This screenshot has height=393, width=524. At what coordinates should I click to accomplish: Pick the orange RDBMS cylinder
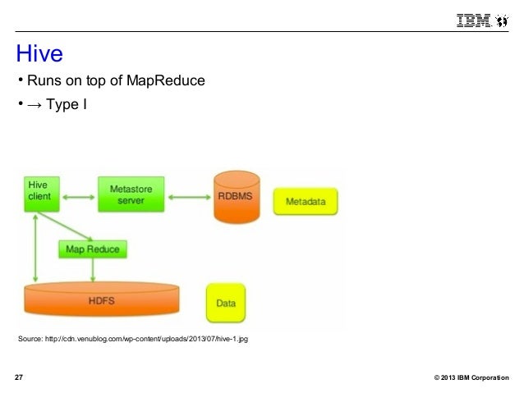pyautogui.click(x=235, y=197)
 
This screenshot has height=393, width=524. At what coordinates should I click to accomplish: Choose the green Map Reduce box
pyautogui.click(x=93, y=249)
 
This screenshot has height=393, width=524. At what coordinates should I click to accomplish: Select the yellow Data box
pyautogui.click(x=226, y=303)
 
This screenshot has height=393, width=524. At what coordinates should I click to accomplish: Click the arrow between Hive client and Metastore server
pyautogui.click(x=79, y=196)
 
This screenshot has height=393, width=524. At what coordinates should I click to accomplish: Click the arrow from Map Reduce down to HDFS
pyautogui.click(x=94, y=270)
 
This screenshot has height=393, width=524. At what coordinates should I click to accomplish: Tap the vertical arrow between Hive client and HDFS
pyautogui.click(x=34, y=246)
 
